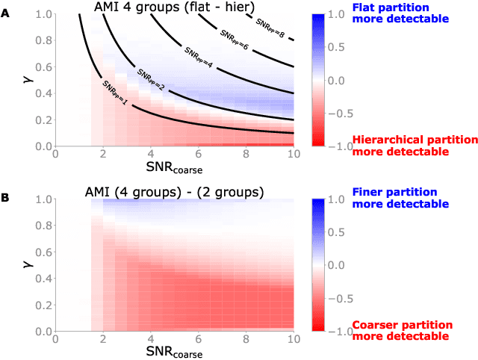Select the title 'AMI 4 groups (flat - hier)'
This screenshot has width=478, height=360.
click(173, 7)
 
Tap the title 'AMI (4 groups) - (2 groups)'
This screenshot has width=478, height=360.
click(174, 192)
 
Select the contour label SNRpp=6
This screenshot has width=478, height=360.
click(233, 37)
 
